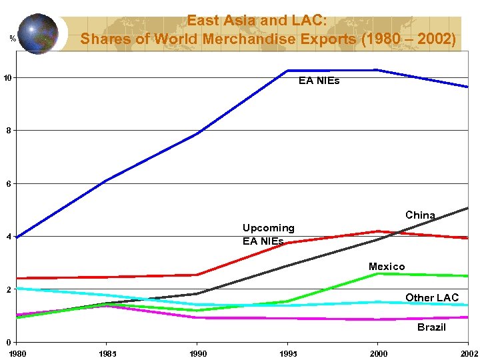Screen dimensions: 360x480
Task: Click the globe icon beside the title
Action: coord(38,33)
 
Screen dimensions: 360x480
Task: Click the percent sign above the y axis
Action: coord(13,38)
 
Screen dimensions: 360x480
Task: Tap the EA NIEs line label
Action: coord(319,81)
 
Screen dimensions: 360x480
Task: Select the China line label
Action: coord(420,215)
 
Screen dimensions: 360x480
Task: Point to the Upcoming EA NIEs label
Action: coord(268,234)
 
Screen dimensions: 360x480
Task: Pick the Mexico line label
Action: coord(387,267)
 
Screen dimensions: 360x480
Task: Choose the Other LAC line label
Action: coord(432,297)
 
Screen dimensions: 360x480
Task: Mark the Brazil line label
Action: coord(431,327)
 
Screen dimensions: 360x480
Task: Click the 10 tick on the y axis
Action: coord(7,78)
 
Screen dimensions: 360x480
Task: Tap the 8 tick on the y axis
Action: coord(8,131)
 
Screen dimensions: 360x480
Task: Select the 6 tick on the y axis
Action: coord(8,183)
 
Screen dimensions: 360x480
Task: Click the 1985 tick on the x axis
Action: coord(107,353)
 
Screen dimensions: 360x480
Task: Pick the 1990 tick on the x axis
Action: coord(197,353)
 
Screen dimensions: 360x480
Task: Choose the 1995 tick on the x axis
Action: coord(288,353)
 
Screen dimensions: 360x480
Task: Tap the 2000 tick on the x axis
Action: coord(378,353)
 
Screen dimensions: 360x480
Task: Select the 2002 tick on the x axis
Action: coord(469,353)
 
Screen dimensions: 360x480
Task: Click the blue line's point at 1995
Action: coord(287,71)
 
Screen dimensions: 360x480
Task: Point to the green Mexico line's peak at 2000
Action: coord(378,273)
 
